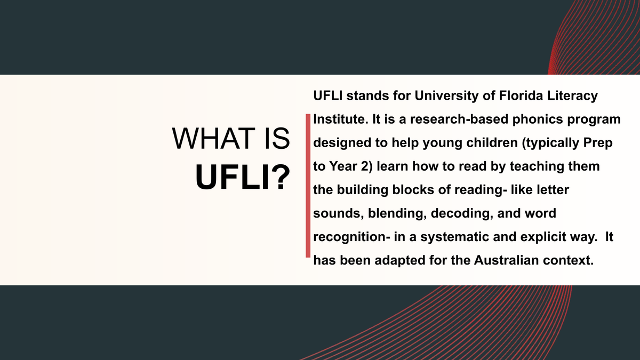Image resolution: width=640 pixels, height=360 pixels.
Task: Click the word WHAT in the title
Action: click(x=213, y=139)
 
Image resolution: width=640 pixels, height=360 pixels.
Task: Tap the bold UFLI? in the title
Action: click(x=243, y=177)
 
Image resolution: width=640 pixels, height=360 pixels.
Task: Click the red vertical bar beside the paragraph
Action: click(x=308, y=186)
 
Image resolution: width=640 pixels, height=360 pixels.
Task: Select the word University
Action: click(x=446, y=96)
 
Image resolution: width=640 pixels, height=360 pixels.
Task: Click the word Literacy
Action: click(x=572, y=96)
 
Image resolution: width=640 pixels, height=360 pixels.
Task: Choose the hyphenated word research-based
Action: click(x=459, y=119)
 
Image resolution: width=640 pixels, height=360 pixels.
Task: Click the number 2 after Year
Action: click(x=367, y=166)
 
